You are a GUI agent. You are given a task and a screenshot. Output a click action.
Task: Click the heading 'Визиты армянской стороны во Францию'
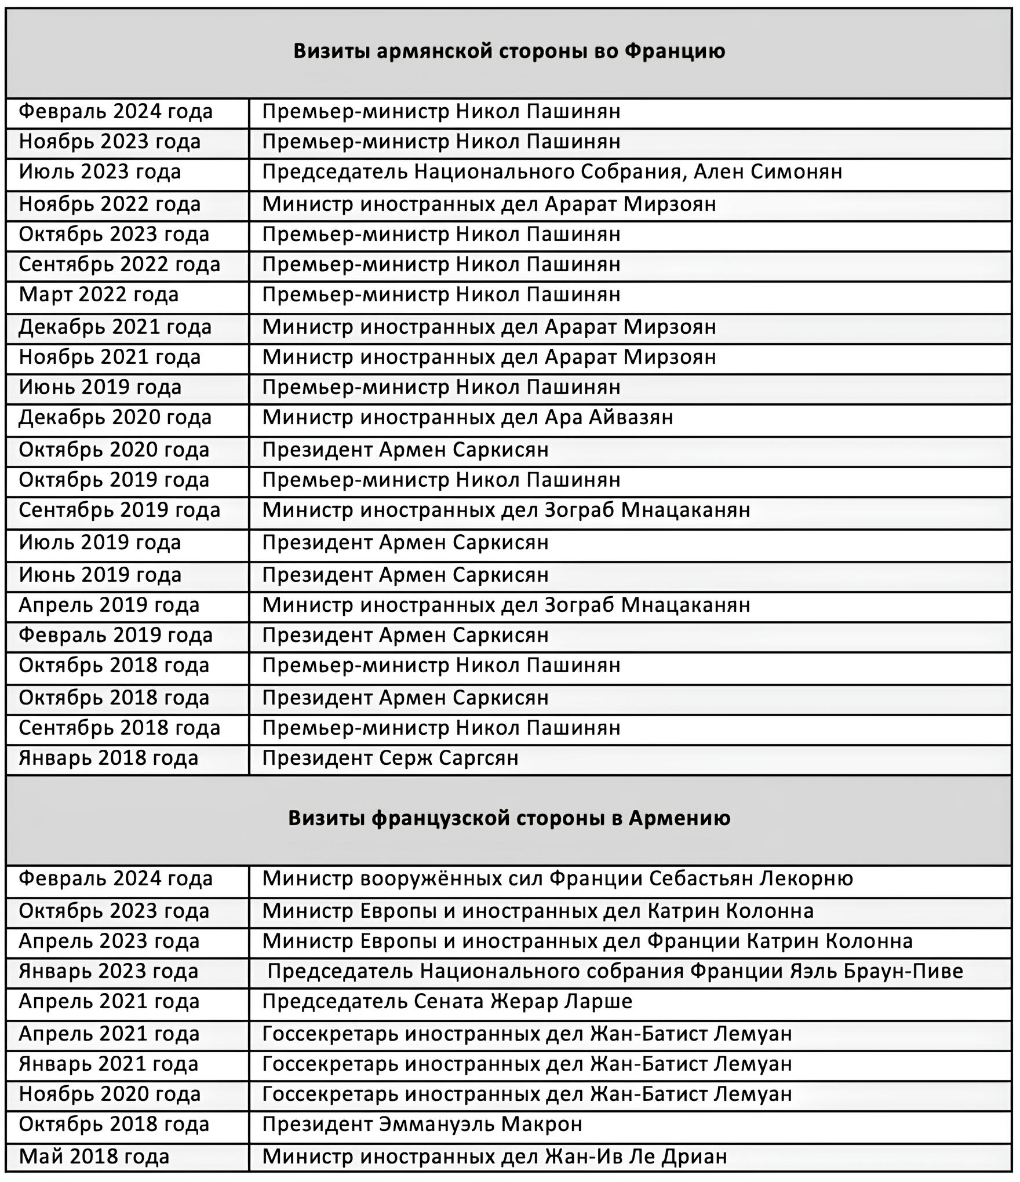tap(509, 52)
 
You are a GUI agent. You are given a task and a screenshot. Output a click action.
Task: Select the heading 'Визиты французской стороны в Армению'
tap(509, 818)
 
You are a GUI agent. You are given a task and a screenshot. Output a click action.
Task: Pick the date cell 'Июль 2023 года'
tap(100, 172)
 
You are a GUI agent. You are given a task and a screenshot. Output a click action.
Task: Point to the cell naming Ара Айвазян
tap(609, 418)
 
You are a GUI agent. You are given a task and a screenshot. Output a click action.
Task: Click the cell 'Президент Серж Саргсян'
tap(390, 758)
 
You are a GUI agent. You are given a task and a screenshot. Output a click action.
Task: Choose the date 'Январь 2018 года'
tap(108, 758)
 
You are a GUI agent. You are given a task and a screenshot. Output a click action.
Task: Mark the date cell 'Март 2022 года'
tap(99, 295)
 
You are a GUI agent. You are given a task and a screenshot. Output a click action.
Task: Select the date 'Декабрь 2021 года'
tap(115, 327)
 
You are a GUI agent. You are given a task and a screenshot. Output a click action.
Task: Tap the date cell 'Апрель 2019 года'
tap(109, 605)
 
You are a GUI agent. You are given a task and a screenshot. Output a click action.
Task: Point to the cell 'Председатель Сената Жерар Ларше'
tap(447, 1002)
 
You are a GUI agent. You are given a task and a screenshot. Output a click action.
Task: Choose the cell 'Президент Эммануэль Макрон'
tap(422, 1125)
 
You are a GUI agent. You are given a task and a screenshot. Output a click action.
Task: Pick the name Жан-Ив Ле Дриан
tap(636, 1157)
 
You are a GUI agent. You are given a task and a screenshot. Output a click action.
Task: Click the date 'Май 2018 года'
tap(94, 1157)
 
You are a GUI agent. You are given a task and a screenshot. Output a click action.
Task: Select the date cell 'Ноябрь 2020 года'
tap(110, 1095)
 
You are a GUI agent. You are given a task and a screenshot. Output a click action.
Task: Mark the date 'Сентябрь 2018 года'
tap(119, 728)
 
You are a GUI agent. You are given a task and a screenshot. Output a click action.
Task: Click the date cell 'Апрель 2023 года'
tap(109, 942)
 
